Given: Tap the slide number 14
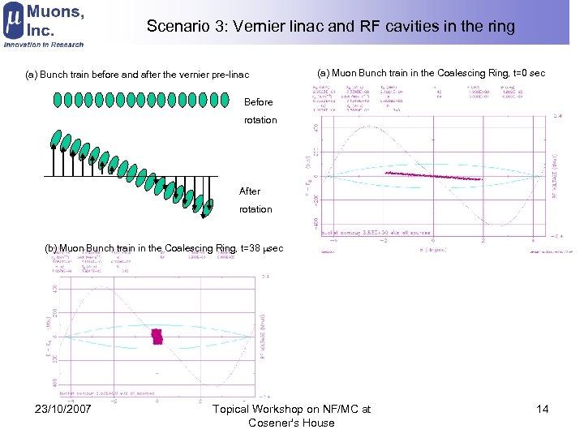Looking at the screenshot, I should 543,409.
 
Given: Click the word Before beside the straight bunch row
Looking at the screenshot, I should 259,102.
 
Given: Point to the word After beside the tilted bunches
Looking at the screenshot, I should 250,191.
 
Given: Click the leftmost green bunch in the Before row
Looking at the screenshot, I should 58,101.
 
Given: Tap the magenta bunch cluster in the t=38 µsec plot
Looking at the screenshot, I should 157,336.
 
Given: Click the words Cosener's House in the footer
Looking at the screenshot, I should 291,423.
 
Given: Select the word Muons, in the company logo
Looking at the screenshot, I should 55,11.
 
